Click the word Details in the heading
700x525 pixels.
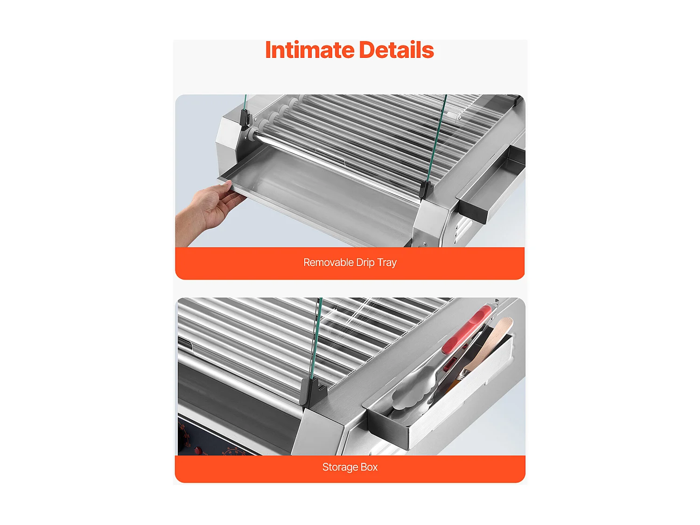click(396, 50)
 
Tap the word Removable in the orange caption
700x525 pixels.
click(329, 262)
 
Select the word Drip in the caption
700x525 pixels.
click(365, 262)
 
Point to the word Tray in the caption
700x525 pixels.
click(387, 262)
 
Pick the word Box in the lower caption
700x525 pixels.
click(369, 467)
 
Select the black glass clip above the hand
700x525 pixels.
click(245, 119)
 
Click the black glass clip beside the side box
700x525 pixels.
click(425, 189)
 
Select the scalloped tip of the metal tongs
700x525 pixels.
click(411, 392)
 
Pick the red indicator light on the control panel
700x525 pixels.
click(198, 451)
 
